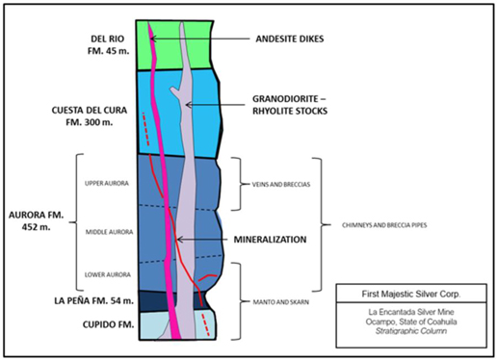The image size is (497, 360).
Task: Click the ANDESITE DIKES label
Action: coord(290,39)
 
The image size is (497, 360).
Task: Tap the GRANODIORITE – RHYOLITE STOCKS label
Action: coord(290,105)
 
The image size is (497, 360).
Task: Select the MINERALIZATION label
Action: coord(270,240)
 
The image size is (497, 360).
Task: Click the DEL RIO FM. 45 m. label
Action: coord(108,44)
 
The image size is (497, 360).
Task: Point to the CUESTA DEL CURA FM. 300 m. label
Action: coord(90,116)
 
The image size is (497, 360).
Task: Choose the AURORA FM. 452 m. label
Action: coord(36,220)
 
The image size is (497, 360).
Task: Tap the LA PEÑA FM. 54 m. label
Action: coord(93,300)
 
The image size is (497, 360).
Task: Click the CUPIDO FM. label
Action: coord(108,324)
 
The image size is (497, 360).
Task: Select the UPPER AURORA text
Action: coord(107,183)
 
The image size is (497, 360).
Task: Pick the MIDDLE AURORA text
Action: coord(109,232)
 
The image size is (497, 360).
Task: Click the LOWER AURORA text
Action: coord(108,274)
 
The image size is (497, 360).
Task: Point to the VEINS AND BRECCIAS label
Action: coord(281,185)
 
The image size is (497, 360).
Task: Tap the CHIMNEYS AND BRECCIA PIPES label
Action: coord(384,225)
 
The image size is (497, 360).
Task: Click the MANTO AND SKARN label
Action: coord(281,302)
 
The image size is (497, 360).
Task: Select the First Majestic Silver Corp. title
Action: coord(411,294)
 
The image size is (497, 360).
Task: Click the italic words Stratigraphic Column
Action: coord(411,331)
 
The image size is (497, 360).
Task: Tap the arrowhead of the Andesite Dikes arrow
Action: coord(152,39)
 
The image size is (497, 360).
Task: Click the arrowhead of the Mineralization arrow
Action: coord(179,240)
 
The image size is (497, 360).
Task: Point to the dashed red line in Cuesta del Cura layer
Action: coord(145,129)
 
